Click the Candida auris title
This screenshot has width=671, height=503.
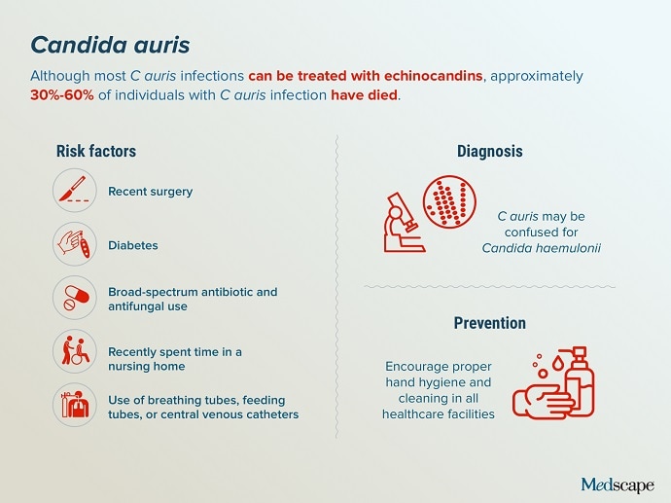110,45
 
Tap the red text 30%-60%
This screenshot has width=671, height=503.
62,94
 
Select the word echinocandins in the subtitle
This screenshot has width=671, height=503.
434,76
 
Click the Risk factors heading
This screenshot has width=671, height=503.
96,151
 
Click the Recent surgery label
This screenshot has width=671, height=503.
150,192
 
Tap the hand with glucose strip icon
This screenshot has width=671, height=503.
75,244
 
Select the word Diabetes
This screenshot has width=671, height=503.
133,245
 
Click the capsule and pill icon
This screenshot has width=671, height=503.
75,298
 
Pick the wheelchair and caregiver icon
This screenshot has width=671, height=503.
75,351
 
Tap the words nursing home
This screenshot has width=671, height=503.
147,367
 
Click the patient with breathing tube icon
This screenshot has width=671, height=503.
75,405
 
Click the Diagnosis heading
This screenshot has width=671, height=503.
489,151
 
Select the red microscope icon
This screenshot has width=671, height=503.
403,223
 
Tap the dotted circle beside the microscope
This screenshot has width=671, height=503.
449,201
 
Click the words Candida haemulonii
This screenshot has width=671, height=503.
542,248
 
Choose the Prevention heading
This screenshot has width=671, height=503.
489,323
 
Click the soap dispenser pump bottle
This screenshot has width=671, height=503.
577,381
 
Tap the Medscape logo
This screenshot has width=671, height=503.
618,485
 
